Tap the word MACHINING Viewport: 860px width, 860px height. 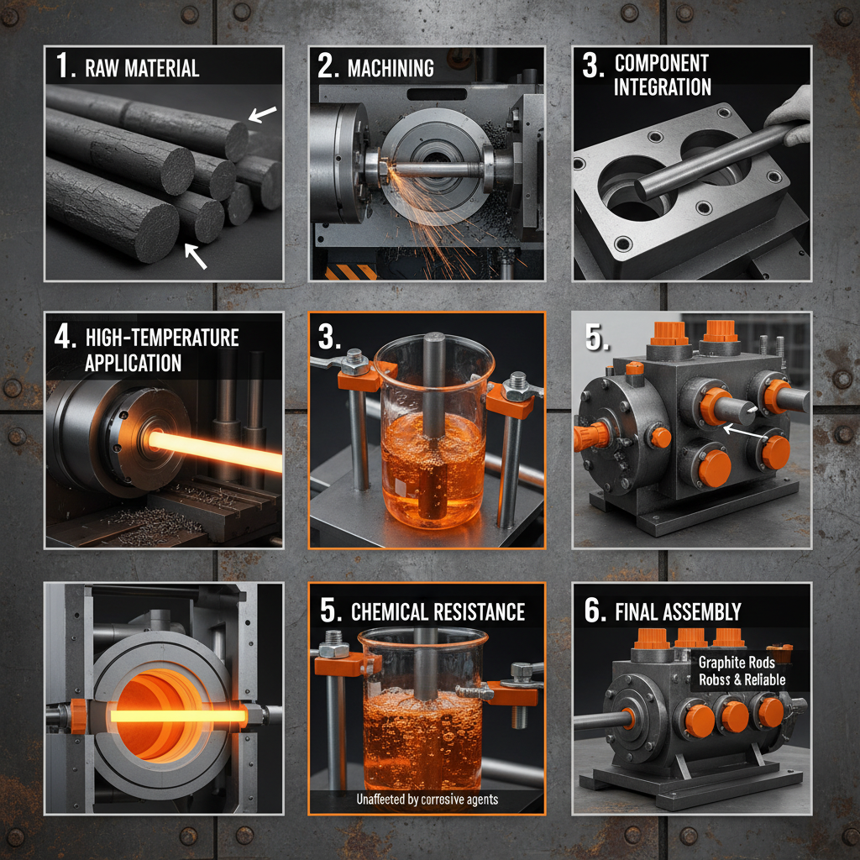391,68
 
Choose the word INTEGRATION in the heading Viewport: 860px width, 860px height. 663,87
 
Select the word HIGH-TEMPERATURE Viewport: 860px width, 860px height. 162,338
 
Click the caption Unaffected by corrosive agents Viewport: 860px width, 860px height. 427,799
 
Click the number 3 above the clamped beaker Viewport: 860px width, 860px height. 328,338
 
